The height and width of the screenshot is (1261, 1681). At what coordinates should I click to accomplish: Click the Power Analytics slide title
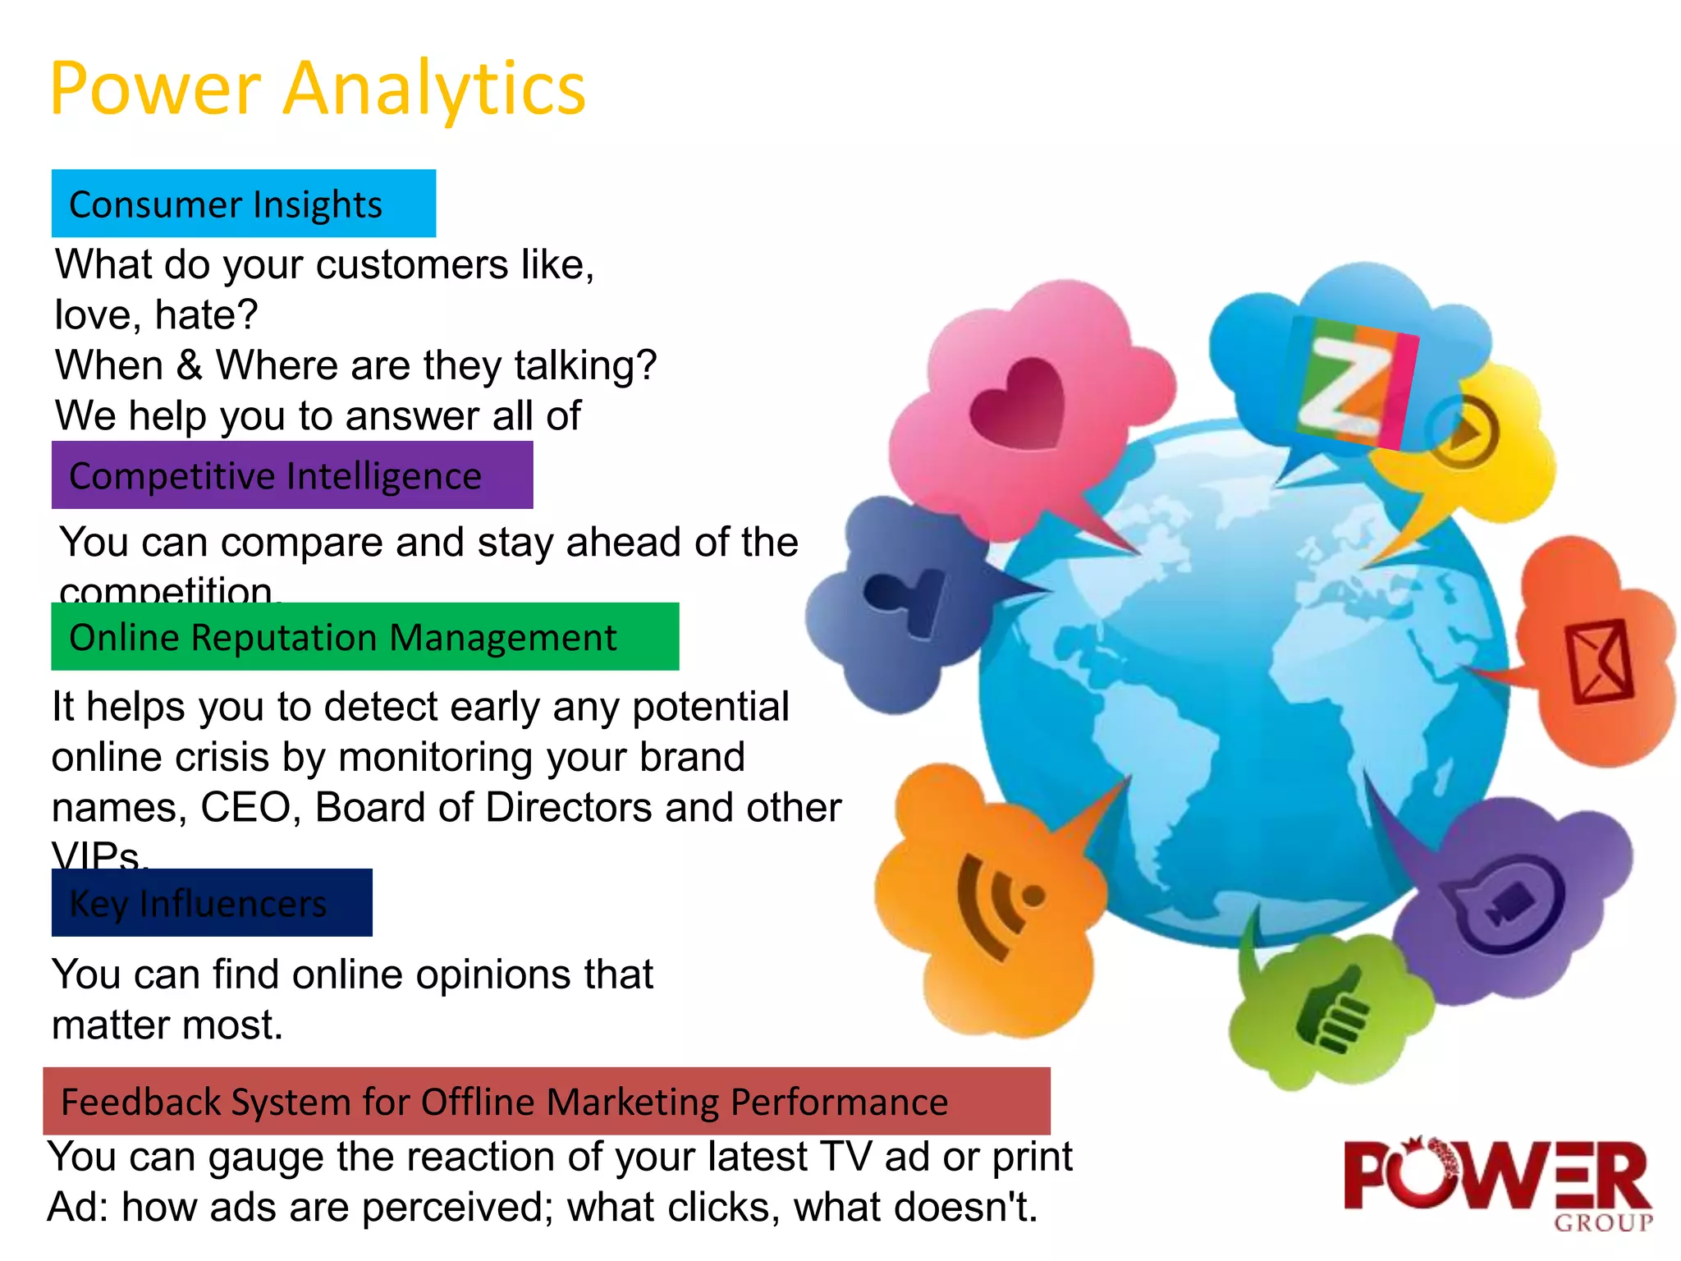[318, 89]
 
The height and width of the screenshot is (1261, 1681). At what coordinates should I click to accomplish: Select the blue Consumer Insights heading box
[243, 204]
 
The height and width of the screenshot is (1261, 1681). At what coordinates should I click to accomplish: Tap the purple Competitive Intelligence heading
[291, 475]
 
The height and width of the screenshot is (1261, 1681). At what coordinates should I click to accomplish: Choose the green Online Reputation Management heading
[364, 637]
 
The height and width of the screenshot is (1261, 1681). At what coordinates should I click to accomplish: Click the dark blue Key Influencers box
[211, 903]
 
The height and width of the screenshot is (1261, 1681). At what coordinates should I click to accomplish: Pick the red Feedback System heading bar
[546, 1102]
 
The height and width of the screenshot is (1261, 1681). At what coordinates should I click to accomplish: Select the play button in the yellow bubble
[1463, 430]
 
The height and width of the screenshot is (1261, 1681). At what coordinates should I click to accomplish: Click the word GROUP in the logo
[1602, 1223]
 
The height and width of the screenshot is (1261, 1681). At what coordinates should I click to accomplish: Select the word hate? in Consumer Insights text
[206, 315]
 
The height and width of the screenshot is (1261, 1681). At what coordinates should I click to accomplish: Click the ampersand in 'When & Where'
[190, 365]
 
